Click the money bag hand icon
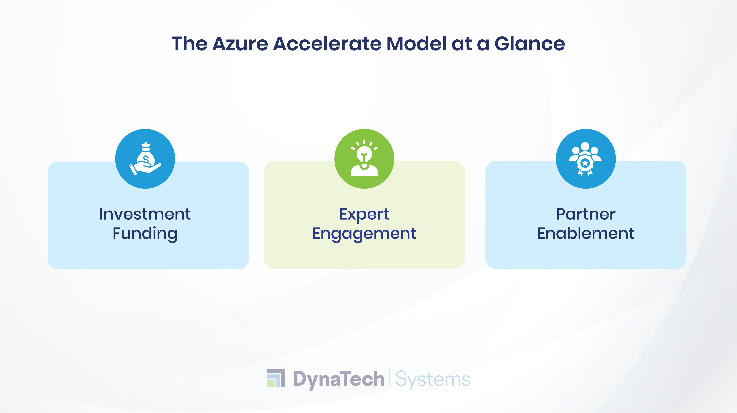pos(145,159)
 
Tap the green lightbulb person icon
pos(364,159)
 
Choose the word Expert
pos(364,214)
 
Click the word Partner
pos(586,214)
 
